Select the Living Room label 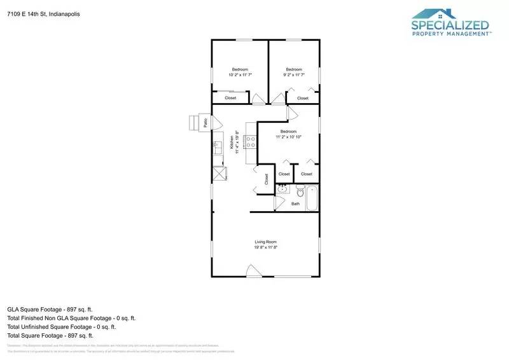265,242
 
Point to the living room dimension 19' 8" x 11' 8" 265,247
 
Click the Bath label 295,204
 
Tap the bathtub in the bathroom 312,198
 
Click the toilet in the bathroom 300,190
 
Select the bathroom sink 282,189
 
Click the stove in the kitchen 250,142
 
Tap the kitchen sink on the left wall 216,145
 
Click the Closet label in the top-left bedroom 230,98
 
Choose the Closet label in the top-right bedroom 303,98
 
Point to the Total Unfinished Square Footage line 61,326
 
